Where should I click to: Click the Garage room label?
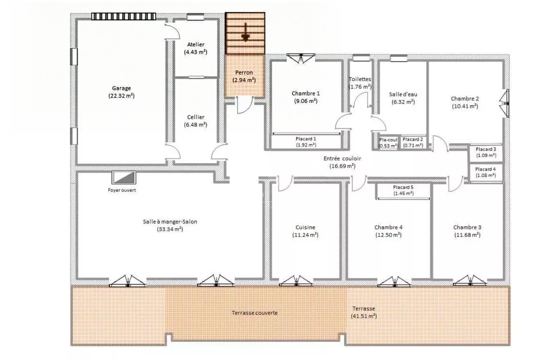[121, 88]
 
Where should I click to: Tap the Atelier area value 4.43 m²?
[195, 52]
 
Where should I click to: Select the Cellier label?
[195, 117]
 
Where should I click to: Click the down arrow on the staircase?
[245, 33]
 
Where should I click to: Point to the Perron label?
[244, 72]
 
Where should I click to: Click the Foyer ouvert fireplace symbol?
[123, 178]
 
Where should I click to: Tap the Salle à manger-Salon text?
[170, 221]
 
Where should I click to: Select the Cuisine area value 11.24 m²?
[305, 235]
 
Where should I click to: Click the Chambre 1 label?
[306, 93]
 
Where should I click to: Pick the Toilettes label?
[360, 79]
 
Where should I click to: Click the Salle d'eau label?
[403, 94]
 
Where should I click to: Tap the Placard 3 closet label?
[486, 149]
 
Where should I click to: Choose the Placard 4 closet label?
[486, 169]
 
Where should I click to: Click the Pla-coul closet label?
[388, 139]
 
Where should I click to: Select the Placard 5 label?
[403, 187]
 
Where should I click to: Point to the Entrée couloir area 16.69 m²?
[342, 166]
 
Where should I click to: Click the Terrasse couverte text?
[254, 313]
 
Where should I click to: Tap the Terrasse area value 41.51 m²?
[364, 316]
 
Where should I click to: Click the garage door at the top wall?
[123, 16]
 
